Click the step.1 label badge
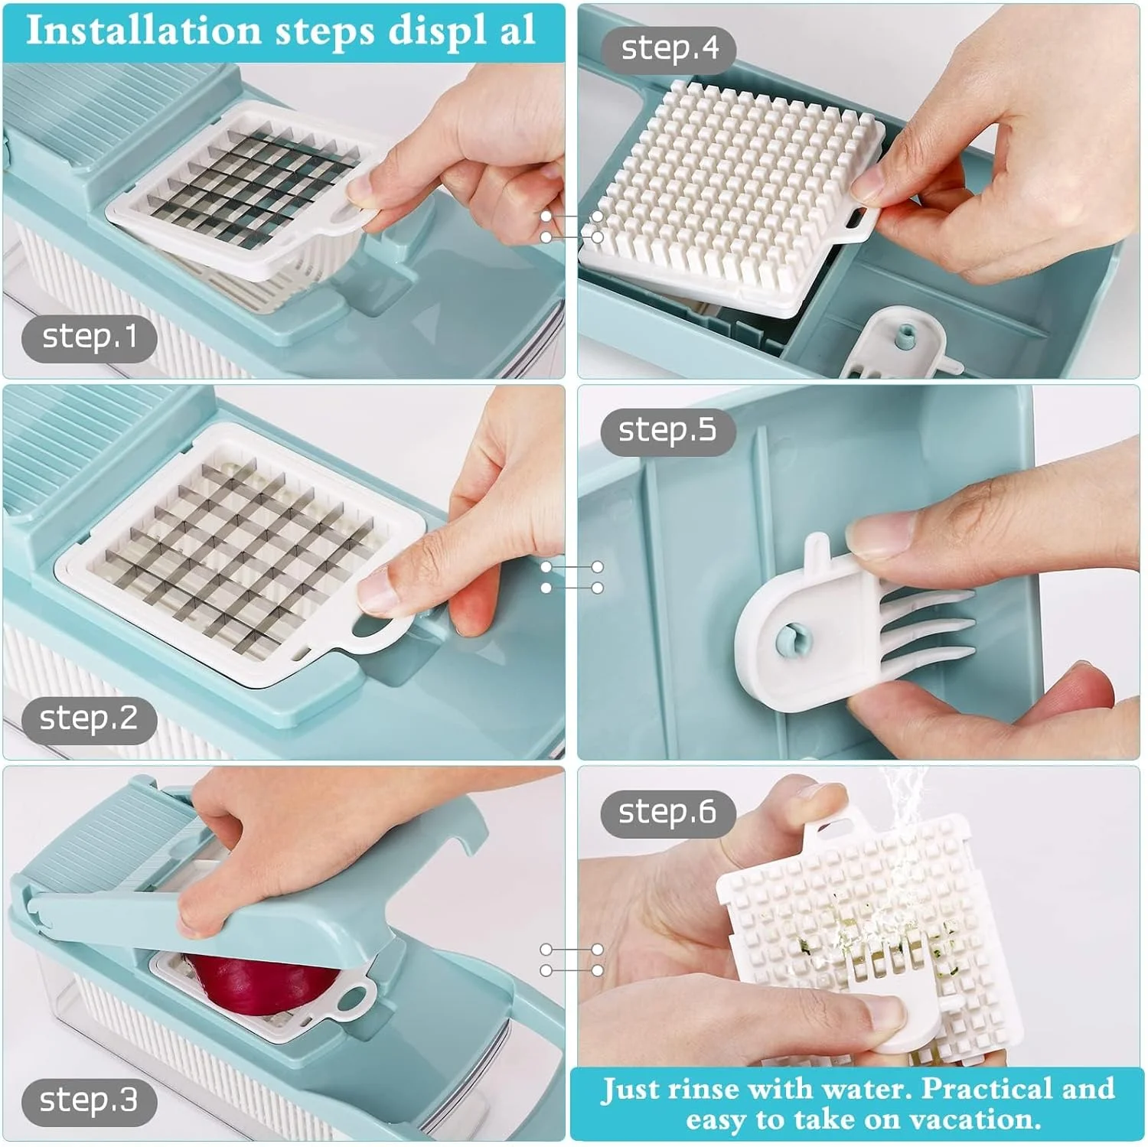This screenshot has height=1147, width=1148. coord(89,337)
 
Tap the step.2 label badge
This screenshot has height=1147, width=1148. coord(89,719)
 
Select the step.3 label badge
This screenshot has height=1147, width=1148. coord(89,1100)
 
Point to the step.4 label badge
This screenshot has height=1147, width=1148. coord(669,49)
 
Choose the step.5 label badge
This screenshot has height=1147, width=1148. coord(668,432)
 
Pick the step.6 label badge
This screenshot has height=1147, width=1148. coord(668,813)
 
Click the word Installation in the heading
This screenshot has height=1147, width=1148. coord(144,31)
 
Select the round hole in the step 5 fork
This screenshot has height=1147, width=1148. coord(790,638)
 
